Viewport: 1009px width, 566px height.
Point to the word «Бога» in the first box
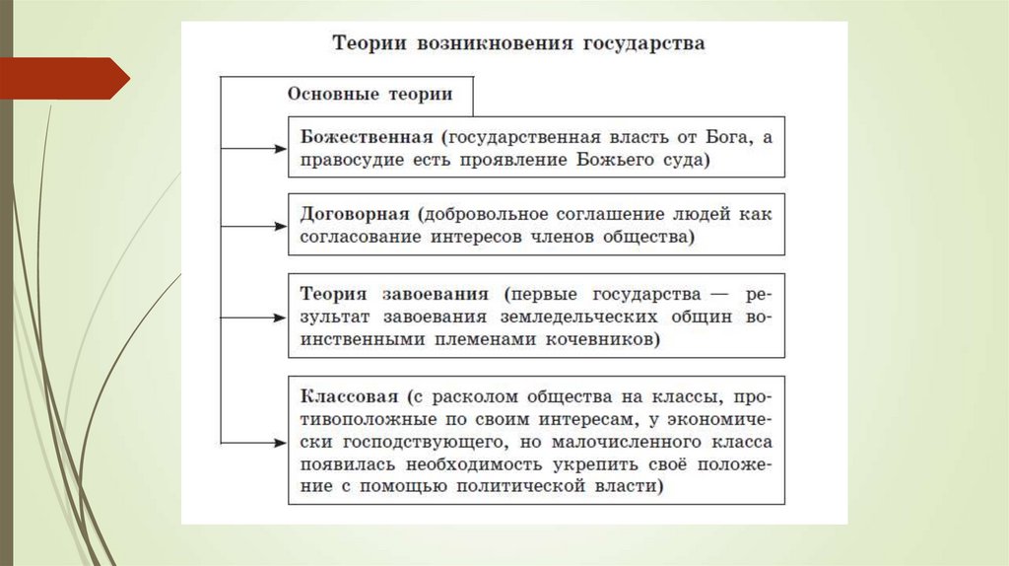[x=730, y=137]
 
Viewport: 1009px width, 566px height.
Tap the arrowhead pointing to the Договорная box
[x=280, y=225]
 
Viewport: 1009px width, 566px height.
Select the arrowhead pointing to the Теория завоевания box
[x=280, y=318]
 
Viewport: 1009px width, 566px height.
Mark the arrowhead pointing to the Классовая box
[x=280, y=440]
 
